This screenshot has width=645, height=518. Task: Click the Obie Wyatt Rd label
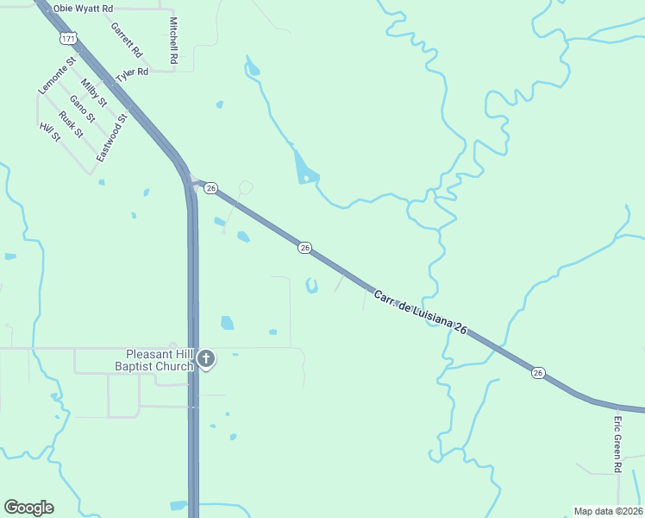point(83,9)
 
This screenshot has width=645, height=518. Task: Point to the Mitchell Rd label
point(173,41)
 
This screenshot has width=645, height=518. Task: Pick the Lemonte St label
point(58,76)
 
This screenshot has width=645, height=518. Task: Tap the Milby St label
point(93,93)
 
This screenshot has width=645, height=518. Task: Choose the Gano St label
point(82,110)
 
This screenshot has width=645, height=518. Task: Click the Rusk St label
point(71,125)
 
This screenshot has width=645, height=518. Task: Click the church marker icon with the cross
point(205,359)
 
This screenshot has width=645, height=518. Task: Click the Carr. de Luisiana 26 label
point(420,313)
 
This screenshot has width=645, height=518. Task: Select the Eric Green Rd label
point(617,444)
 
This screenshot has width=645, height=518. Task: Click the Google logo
point(28,508)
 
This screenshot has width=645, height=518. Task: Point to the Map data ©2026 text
point(608,511)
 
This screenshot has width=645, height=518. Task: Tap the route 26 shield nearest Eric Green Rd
point(539,373)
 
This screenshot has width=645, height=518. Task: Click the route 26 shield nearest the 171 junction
point(211,187)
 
